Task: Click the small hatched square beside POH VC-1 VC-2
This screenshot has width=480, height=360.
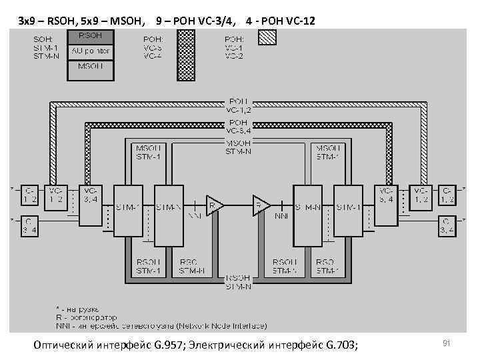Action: coord(266,38)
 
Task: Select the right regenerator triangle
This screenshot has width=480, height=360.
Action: coord(261,205)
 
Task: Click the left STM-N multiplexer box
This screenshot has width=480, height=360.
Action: coord(169,207)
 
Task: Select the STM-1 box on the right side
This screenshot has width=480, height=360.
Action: coord(348,207)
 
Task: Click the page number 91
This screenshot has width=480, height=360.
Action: coord(448,343)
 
